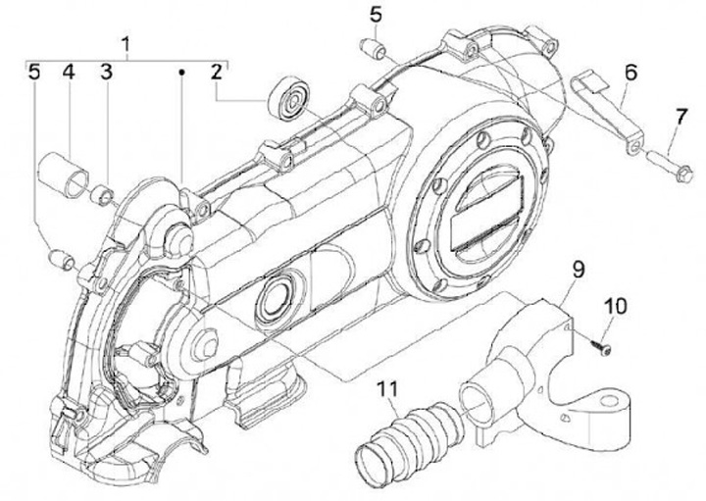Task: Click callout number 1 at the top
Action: pyautogui.click(x=126, y=43)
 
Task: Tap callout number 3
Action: pyautogui.click(x=106, y=72)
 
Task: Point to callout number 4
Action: pyautogui.click(x=70, y=72)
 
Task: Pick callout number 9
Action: pyautogui.click(x=578, y=266)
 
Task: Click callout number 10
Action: pyautogui.click(x=614, y=306)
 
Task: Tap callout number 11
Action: pyautogui.click(x=390, y=391)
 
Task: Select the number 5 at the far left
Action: pyautogui.click(x=34, y=72)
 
